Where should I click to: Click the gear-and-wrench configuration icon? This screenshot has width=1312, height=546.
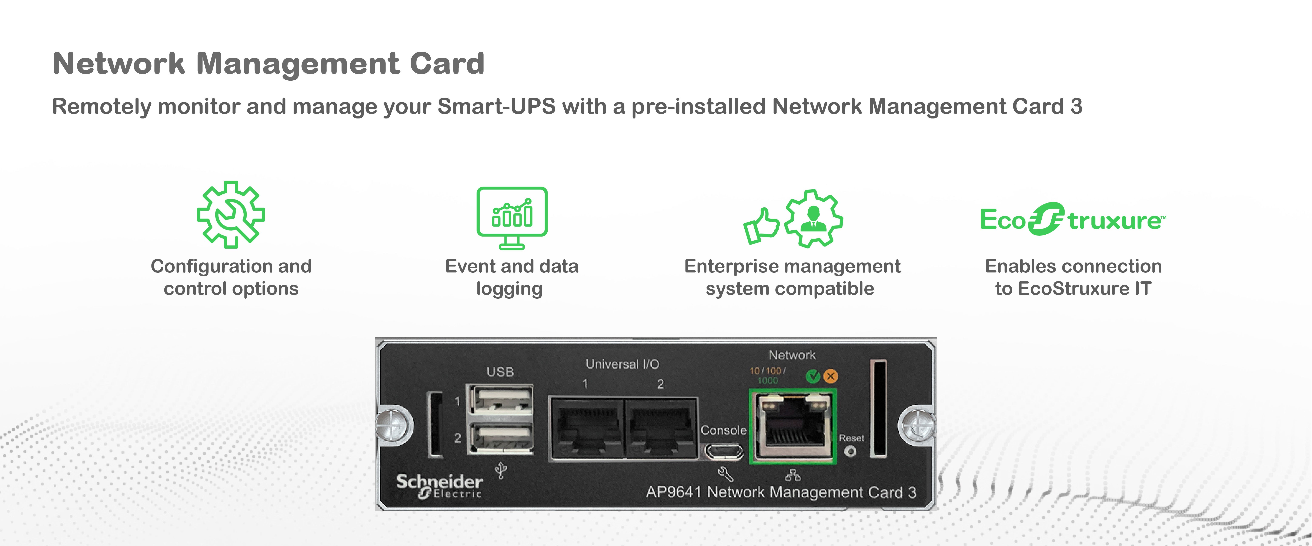point(231,214)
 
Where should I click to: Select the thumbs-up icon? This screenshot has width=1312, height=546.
point(761,226)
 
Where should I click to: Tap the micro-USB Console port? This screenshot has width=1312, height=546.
point(724,451)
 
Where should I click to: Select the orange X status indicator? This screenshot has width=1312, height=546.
point(831,376)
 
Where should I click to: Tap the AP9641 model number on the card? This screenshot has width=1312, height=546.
point(673,492)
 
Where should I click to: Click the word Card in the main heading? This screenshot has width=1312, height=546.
point(447,64)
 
